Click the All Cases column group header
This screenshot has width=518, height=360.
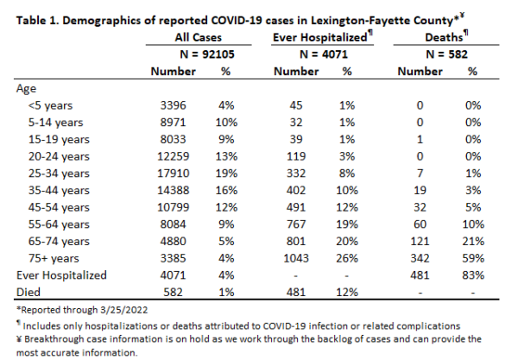point(199,37)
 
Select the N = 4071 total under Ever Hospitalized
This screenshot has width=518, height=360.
point(324,54)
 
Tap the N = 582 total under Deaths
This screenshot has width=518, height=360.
point(446,54)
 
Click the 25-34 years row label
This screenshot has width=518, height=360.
point(59,174)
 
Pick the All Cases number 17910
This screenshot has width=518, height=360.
point(174,174)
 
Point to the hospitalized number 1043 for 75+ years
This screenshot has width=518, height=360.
point(296,258)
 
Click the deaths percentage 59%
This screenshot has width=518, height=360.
point(473,258)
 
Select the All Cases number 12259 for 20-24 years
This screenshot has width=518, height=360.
point(174,156)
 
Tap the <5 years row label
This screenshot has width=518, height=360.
point(50,105)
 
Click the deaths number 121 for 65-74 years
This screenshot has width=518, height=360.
point(420,241)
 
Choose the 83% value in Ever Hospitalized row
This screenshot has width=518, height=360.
point(473,275)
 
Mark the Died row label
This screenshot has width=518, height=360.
point(28,293)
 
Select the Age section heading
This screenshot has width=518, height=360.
point(26,89)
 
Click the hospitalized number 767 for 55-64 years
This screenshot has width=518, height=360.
point(296,224)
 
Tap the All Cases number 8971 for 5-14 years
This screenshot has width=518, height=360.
point(174,123)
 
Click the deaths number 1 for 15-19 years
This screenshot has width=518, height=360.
point(420,139)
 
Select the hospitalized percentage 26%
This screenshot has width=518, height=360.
point(347,258)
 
